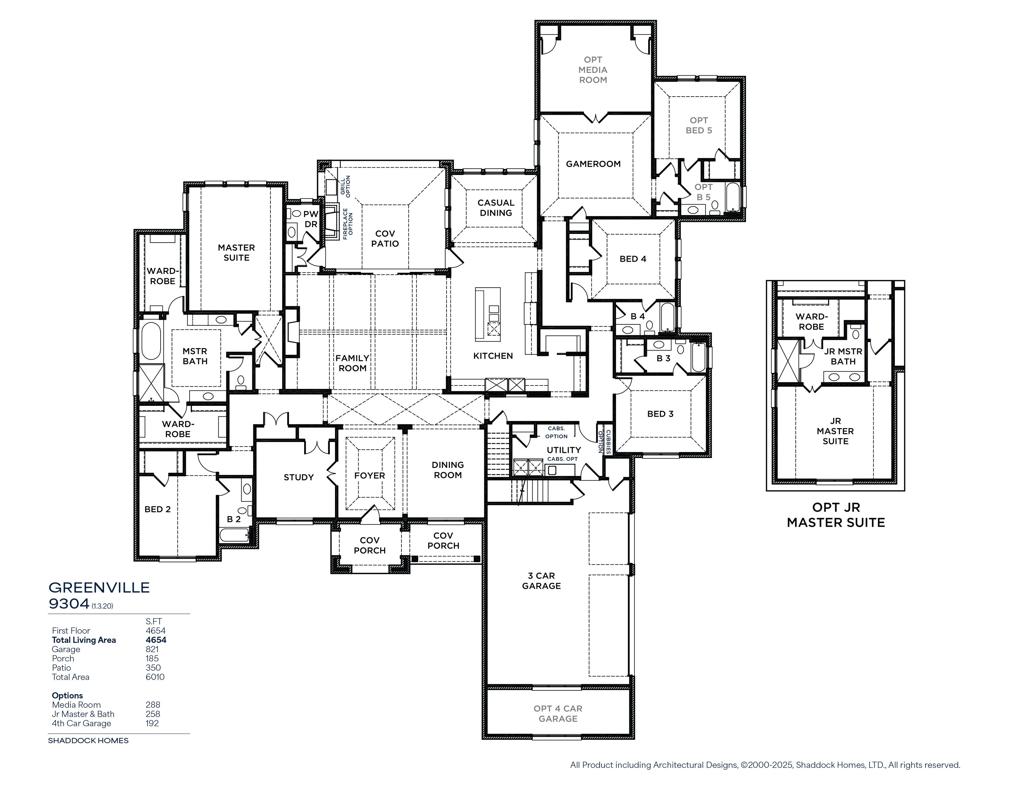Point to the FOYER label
pyautogui.click(x=370, y=476)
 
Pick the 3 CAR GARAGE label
pyautogui.click(x=541, y=581)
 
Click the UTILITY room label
pyautogui.click(x=564, y=450)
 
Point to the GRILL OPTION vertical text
pyautogui.click(x=345, y=185)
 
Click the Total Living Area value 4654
pyautogui.click(x=156, y=640)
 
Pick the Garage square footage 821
pyautogui.click(x=152, y=649)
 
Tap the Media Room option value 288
pyautogui.click(x=153, y=705)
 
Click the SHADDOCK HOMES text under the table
pyautogui.click(x=88, y=740)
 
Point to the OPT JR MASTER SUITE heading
pyautogui.click(x=836, y=515)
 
